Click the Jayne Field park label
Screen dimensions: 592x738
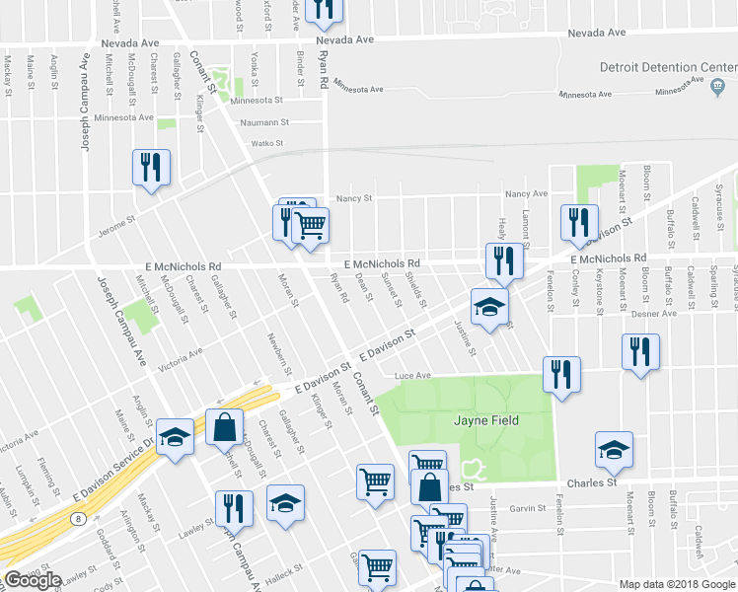pyautogui.click(x=485, y=421)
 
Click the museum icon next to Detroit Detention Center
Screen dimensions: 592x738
pyautogui.click(x=717, y=85)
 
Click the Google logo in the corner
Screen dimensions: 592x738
pyautogui.click(x=33, y=580)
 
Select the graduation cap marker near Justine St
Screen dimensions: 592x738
pyautogui.click(x=489, y=305)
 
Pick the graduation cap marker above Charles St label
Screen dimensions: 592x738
pyautogui.click(x=614, y=449)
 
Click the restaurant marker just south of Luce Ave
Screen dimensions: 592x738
pyautogui.click(x=561, y=375)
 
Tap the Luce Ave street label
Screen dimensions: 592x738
pyautogui.click(x=413, y=376)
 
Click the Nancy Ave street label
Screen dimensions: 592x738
pyautogui.click(x=525, y=194)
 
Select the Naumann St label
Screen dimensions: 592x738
pyautogui.click(x=264, y=123)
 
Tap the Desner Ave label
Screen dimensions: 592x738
pyautogui.click(x=657, y=313)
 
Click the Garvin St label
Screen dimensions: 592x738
pyautogui.click(x=528, y=508)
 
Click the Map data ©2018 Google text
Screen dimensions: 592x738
pyautogui.click(x=676, y=584)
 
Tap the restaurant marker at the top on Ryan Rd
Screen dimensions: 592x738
pyautogui.click(x=324, y=8)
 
